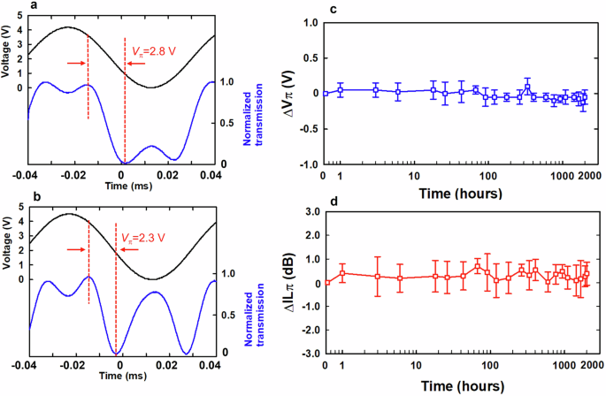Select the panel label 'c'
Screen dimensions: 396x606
pos(330,9)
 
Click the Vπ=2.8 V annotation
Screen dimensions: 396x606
pos(155,51)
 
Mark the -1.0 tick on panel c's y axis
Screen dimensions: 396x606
pos(305,164)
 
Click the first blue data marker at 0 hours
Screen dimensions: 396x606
pos(326,93)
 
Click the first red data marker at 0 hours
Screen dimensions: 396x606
pos(326,283)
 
